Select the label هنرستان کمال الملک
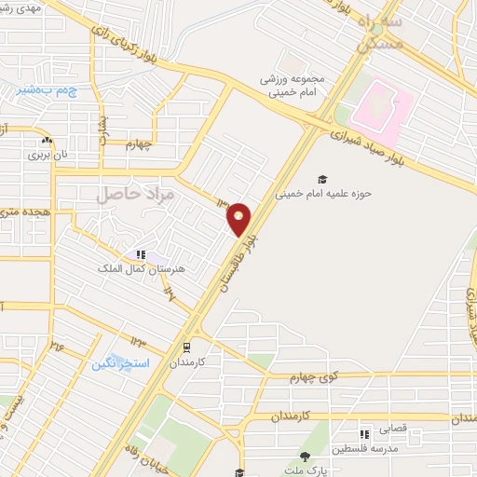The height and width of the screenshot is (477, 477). pyautogui.click(x=143, y=267)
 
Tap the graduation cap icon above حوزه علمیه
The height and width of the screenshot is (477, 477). pyautogui.click(x=322, y=179)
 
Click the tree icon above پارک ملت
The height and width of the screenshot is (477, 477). pyautogui.click(x=304, y=456)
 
